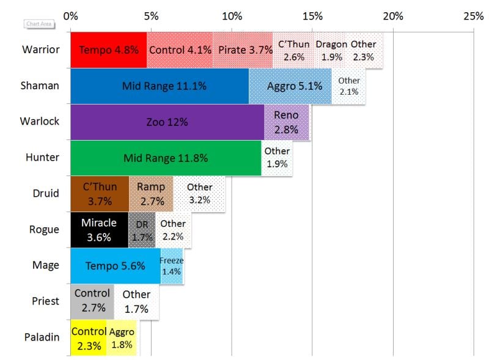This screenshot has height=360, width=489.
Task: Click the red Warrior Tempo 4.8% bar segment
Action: pos(108,50)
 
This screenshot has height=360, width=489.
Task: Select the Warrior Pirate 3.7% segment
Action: pos(243,50)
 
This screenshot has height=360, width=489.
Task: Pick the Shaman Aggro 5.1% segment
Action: pos(290,86)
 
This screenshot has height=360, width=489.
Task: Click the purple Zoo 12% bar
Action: pos(167,122)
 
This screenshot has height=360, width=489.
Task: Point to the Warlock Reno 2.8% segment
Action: pos(286,122)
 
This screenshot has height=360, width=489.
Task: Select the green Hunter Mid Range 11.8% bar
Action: pos(165,158)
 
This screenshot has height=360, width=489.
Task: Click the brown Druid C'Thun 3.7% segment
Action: pos(100,194)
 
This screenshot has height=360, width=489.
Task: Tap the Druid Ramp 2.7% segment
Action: pos(150,194)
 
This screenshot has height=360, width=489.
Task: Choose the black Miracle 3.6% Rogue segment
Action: pos(99,230)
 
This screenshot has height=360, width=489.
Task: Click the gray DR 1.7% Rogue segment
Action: pos(142,230)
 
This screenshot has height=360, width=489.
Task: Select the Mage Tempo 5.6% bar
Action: pos(115,266)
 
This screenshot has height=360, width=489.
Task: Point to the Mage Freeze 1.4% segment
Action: pos(171,266)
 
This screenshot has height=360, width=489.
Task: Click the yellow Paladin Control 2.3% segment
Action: pos(89,337)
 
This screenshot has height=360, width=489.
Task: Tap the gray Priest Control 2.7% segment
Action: pos(92,301)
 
